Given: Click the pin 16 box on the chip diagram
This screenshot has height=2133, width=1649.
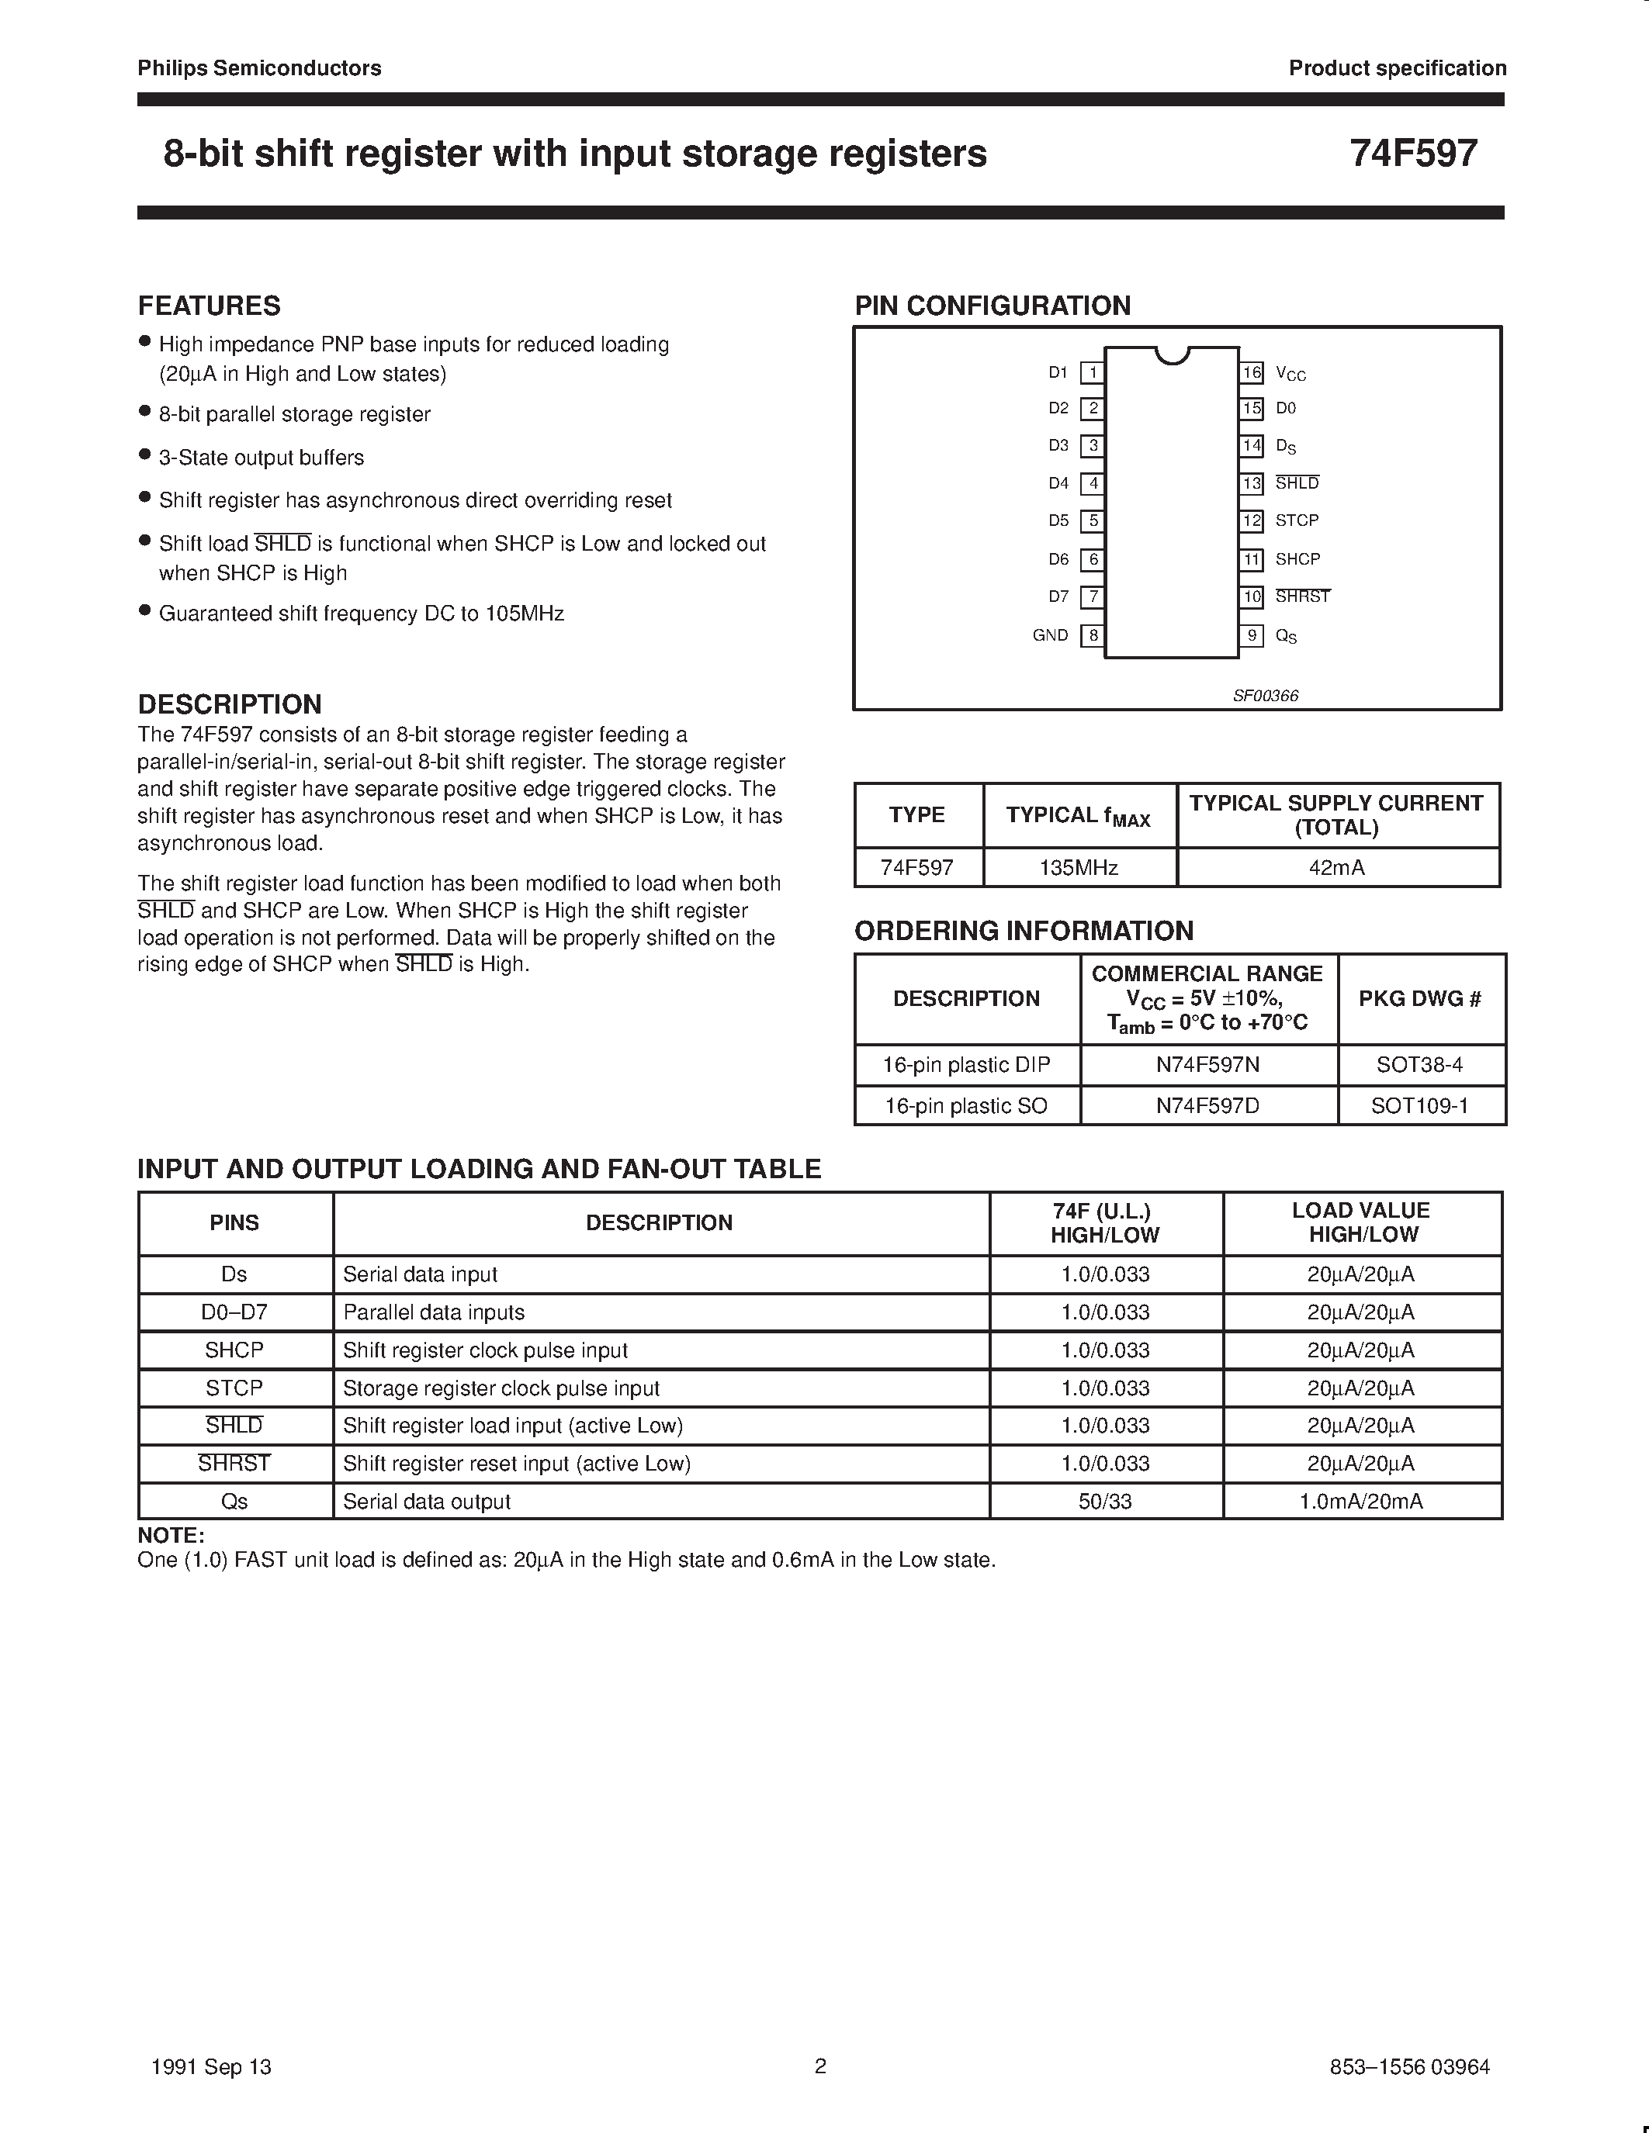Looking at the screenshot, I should tap(1252, 372).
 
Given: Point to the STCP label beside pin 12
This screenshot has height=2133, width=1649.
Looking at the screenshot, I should tap(1297, 520).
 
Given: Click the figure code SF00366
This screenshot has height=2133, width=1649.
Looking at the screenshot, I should tap(1265, 696).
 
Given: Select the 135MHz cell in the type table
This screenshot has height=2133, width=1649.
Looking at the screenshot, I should tap(1079, 867).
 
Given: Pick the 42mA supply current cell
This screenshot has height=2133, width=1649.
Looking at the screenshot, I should tap(1336, 867).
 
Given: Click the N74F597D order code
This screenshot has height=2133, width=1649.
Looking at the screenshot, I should tap(1207, 1105).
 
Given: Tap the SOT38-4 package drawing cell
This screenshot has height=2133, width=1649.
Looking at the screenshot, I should tap(1419, 1064).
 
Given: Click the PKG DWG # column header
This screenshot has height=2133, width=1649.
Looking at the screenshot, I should tap(1419, 998).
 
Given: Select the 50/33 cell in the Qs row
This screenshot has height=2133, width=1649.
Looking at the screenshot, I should tap(1105, 1501).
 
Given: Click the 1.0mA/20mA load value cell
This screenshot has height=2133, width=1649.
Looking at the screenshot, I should tap(1361, 1501).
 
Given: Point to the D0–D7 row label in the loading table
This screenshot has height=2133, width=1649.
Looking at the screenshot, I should tap(234, 1312).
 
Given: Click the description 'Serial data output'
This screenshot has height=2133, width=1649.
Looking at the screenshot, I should tap(427, 1501).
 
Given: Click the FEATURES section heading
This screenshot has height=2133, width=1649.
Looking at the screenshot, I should tap(209, 306).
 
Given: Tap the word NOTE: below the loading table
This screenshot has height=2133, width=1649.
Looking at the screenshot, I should tap(171, 1535).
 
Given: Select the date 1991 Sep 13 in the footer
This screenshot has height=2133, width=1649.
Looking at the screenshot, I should tap(212, 2066).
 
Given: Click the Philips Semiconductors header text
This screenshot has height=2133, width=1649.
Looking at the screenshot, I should tap(259, 68).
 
